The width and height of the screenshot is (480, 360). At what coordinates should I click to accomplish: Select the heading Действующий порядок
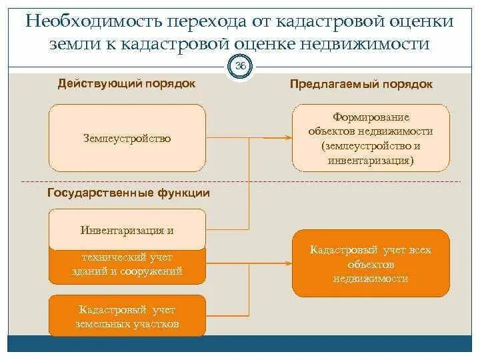point(127,83)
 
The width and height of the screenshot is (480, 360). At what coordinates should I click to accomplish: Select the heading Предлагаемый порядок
point(361,84)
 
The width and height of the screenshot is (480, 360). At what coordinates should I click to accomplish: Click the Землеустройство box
point(127,138)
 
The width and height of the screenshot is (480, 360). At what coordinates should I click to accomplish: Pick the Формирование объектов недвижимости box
point(371,139)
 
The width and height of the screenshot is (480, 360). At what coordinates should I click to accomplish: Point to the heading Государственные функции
point(129,193)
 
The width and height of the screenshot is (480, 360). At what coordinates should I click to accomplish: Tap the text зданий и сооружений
point(127,271)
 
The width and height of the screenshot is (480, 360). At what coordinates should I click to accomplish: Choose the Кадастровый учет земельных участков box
point(127,317)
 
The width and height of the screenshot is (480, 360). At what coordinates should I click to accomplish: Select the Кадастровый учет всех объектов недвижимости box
point(371,263)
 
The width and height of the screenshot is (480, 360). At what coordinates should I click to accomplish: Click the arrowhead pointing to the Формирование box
point(288,138)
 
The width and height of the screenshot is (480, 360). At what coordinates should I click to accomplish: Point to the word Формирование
point(371,117)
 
